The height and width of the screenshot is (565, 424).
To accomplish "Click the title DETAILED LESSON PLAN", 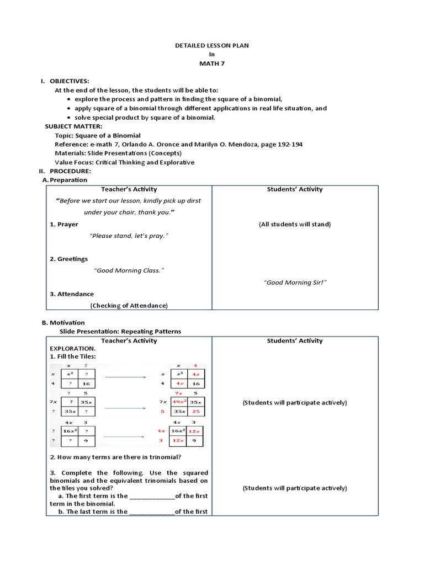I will pyautogui.click(x=212, y=45).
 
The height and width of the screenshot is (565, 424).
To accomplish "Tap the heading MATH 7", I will pyautogui.click(x=212, y=63).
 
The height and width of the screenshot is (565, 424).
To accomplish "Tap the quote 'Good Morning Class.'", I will pyautogui.click(x=129, y=270).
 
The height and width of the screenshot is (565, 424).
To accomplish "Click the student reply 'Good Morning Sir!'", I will pyautogui.click(x=295, y=282).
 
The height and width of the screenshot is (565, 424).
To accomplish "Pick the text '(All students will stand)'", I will pyautogui.click(x=295, y=224).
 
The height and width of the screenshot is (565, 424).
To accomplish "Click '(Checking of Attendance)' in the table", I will pyautogui.click(x=129, y=305).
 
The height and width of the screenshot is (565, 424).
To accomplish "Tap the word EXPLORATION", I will pyautogui.click(x=73, y=349).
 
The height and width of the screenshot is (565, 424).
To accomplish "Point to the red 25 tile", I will pyautogui.click(x=195, y=411).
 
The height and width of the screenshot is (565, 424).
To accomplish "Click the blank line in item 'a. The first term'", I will pyautogui.click(x=152, y=496).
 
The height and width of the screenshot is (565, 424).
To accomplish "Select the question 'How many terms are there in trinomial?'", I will pyautogui.click(x=120, y=456).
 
